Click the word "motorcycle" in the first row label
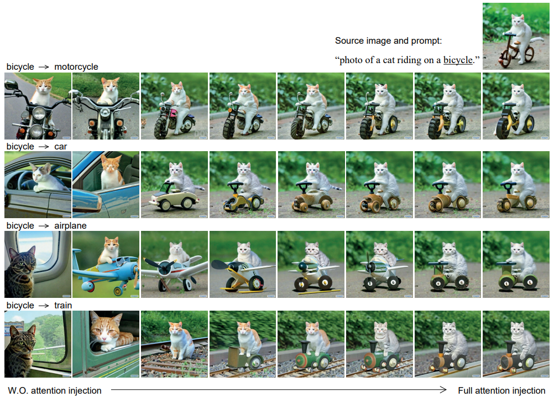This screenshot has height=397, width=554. click(x=76, y=66)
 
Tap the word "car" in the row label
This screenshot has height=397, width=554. click(x=60, y=147)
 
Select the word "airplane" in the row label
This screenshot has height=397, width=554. click(x=70, y=226)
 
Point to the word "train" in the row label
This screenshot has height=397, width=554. click(x=63, y=305)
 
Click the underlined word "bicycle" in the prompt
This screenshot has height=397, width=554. click(x=458, y=60)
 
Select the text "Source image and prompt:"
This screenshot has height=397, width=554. click(x=388, y=40)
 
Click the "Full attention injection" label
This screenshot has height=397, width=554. click(x=501, y=390)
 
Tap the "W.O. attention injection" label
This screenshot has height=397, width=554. click(x=54, y=390)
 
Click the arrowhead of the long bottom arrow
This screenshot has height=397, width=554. click(x=443, y=390)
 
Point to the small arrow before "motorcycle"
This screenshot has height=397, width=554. click(x=44, y=67)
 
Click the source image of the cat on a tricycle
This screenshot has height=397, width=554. click(x=516, y=36)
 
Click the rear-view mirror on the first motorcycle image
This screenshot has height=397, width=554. click(x=11, y=85)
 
